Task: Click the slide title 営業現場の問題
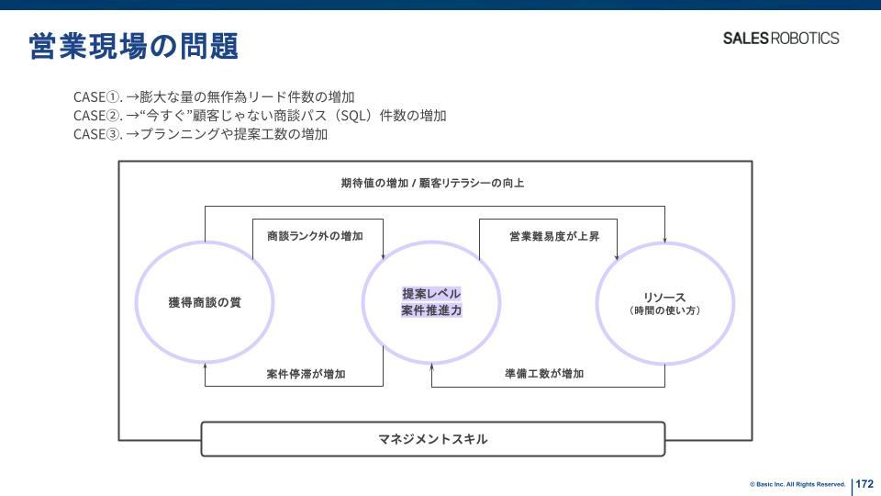coord(134,45)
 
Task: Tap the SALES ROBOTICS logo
coord(780,39)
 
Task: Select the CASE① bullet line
coord(214,96)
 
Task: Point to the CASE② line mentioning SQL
coord(260,116)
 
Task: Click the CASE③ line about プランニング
coord(201,134)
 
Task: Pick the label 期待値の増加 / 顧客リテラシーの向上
coord(432,183)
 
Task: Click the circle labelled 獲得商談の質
coord(205,302)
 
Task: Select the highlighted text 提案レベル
coord(431,293)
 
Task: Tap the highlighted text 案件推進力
coord(431,310)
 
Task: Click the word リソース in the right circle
coord(664,298)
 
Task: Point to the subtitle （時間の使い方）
coord(664,311)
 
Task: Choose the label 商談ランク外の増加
coord(315,236)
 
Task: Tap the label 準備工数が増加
coord(544,374)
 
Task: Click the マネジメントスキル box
coord(432,439)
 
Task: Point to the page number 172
coord(864,483)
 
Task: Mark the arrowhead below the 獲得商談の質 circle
coord(205,366)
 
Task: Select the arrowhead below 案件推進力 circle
coord(432,366)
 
